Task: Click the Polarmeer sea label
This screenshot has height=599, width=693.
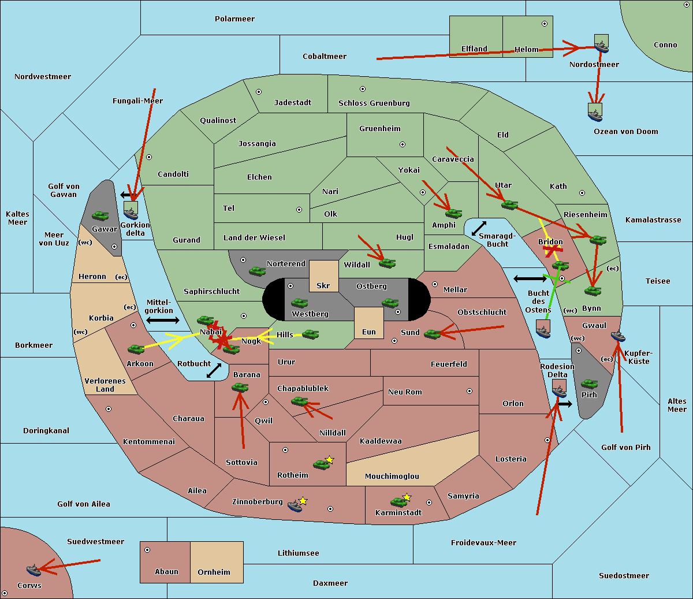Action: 234,19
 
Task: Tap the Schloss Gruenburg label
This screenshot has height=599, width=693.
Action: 374,103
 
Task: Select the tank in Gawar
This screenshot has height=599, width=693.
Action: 100,215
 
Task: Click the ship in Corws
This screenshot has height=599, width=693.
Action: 33,570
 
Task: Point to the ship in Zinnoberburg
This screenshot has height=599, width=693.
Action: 295,505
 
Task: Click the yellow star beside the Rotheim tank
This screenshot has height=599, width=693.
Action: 330,459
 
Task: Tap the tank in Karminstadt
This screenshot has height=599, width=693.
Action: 399,502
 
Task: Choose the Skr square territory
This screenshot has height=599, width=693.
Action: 323,276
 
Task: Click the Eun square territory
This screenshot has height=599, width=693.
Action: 369,323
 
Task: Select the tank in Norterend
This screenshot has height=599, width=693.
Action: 257,271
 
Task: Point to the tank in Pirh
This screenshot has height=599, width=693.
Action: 589,384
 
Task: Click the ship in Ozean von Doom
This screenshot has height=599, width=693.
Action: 595,112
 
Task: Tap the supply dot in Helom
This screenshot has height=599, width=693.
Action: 545,24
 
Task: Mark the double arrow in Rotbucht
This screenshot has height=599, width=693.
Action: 214,370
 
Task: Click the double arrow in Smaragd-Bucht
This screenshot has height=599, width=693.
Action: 479,228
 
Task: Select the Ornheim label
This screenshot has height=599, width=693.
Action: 214,572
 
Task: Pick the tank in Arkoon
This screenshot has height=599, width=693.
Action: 136,349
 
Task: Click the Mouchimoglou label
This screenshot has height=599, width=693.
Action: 392,476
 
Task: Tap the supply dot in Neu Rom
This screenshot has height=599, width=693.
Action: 470,391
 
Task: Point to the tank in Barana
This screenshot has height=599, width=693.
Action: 240,388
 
